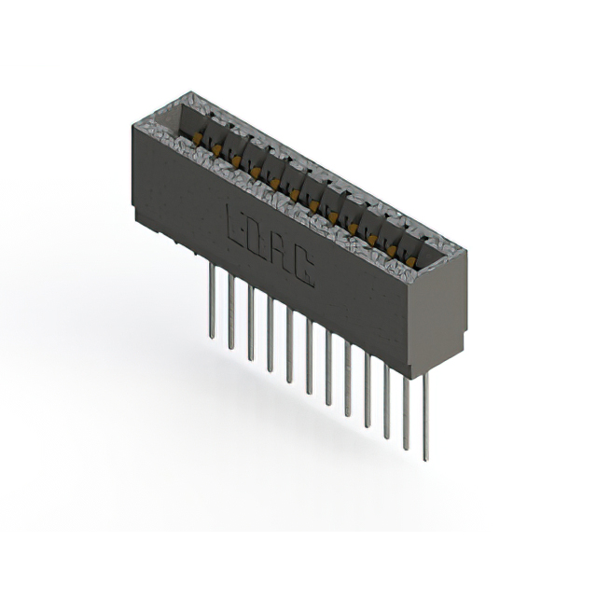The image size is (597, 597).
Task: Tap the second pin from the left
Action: [x=230, y=312]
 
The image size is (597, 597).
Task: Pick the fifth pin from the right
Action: [x=347, y=381]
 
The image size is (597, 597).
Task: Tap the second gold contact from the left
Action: [x=217, y=150]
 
